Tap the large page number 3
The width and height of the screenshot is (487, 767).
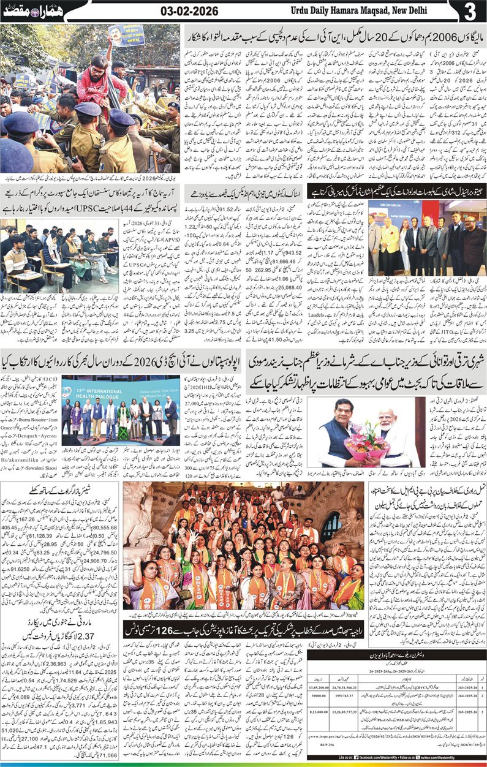click(469, 12)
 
